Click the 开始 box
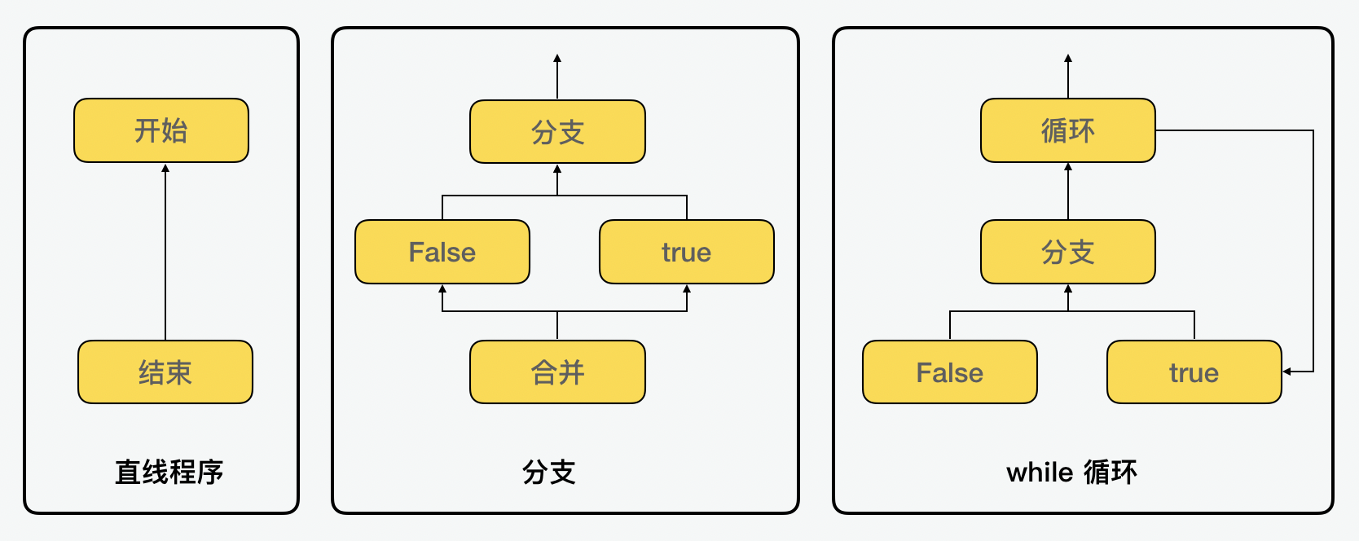(161, 130)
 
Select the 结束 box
(165, 372)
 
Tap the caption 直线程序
(169, 472)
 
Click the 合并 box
(557, 372)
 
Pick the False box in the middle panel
(442, 252)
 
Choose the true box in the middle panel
(686, 252)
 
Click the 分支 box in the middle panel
(557, 132)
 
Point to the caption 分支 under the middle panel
(548, 472)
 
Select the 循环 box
(1067, 130)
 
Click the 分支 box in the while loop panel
(1067, 252)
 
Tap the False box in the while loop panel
(949, 372)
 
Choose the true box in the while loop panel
(1194, 372)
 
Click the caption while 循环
(1071, 472)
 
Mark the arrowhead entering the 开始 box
(165, 168)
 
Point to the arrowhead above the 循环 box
(1068, 59)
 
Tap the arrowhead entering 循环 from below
(1068, 167)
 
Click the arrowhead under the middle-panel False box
(442, 288)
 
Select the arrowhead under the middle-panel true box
(687, 288)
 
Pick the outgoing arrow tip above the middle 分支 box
(557, 59)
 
